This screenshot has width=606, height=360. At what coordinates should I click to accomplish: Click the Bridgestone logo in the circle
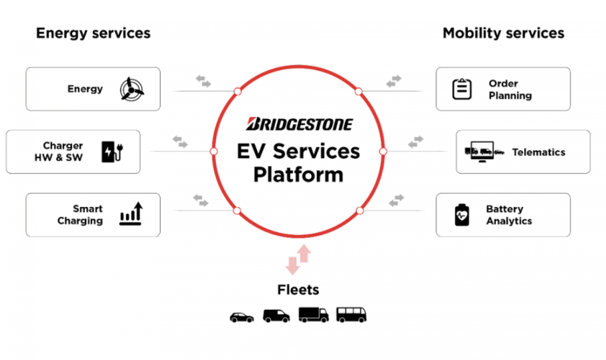[x=299, y=124]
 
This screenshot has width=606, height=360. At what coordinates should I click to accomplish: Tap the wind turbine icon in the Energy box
[x=131, y=89]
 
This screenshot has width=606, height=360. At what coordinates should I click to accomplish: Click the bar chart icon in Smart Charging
[x=131, y=214]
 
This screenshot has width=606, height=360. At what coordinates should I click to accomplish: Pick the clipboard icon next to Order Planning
[x=462, y=89]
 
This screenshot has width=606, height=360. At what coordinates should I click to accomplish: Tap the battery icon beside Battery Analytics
[x=462, y=215]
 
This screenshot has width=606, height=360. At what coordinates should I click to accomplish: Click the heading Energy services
[x=93, y=33]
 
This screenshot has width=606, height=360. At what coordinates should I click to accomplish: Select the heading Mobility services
[x=503, y=33]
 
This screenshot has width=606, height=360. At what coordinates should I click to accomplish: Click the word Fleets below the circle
[x=298, y=290]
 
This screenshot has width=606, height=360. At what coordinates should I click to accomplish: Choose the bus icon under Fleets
[x=351, y=315]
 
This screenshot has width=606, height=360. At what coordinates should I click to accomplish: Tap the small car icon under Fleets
[x=242, y=317]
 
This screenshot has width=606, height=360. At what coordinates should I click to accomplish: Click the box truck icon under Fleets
[x=313, y=315]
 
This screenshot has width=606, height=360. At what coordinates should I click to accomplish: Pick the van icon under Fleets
[x=276, y=316]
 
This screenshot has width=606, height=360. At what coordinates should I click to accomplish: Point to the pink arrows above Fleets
[x=298, y=260]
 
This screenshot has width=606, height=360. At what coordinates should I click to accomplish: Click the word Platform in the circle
[x=298, y=175]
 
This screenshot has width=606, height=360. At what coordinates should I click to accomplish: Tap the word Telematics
[x=538, y=152]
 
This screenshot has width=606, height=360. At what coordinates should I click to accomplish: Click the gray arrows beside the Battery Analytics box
[x=396, y=201]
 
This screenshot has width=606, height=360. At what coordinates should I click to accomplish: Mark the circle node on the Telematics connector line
[x=383, y=152]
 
